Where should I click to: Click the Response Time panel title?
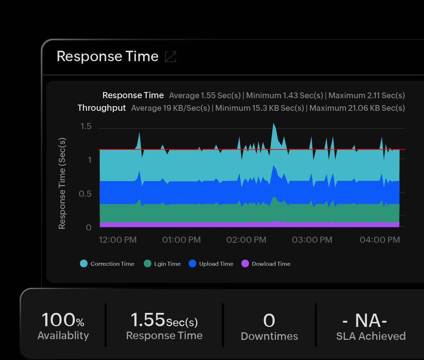click(107, 56)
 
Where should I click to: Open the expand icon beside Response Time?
click(170, 56)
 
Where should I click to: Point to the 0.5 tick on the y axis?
click(85, 193)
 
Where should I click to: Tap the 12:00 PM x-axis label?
click(118, 240)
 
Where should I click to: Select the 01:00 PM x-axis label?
click(181, 240)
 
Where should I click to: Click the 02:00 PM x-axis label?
click(246, 240)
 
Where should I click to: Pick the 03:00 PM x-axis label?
click(312, 240)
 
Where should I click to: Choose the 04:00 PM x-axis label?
click(380, 240)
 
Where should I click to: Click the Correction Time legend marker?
click(84, 264)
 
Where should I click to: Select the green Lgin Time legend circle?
click(148, 264)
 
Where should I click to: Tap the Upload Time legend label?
click(216, 264)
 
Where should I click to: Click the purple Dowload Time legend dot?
click(245, 264)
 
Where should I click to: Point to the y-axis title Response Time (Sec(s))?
click(62, 183)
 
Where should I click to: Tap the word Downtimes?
click(269, 336)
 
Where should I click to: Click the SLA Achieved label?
click(371, 336)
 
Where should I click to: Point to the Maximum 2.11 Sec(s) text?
click(367, 96)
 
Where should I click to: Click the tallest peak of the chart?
click(273, 123)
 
